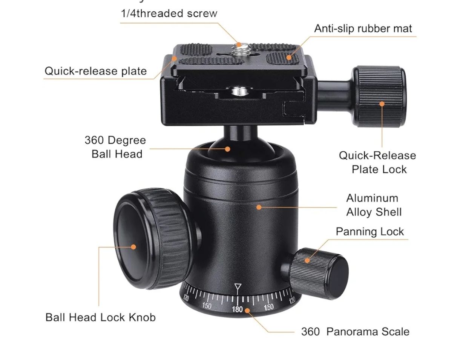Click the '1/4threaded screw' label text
tap(169, 13)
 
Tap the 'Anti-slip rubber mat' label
tap(363, 28)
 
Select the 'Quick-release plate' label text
tap(96, 71)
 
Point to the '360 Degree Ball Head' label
tap(115, 147)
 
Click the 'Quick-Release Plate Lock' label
tap(377, 162)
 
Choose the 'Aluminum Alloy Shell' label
tap(374, 205)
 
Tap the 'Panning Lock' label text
tap(370, 231)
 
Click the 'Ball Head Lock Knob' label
tap(101, 317)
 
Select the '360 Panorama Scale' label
tap(355, 332)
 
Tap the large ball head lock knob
tap(152, 238)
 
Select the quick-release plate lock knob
tap(379, 97)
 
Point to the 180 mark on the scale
tap(237, 309)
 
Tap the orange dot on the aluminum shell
tap(259, 207)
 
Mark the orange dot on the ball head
tap(228, 149)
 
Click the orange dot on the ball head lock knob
tap(133, 247)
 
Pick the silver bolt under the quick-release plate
tap(239, 91)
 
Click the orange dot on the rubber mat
tap(289, 57)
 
